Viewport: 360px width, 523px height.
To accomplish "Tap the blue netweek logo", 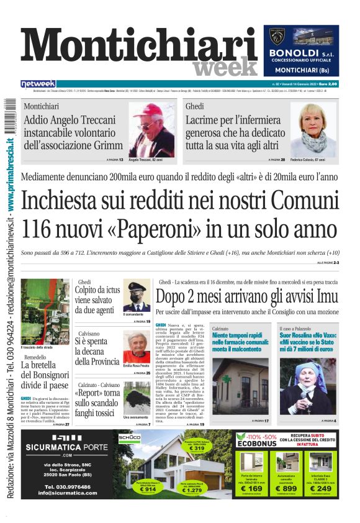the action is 38,83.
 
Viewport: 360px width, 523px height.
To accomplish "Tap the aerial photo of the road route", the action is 45,311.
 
